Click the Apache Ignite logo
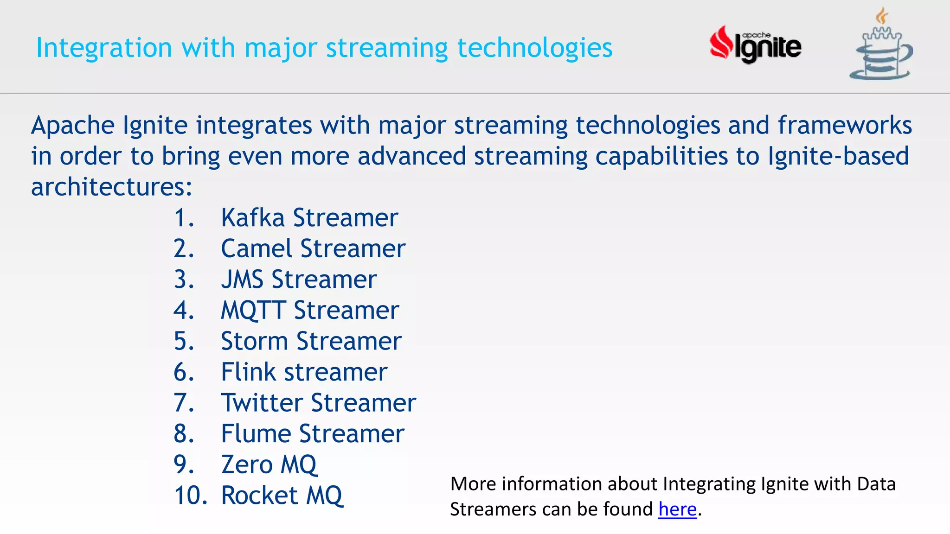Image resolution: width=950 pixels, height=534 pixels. pos(755,45)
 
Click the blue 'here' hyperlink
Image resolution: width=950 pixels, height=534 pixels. pos(677,509)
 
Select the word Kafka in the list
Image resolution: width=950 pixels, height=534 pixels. pos(252,218)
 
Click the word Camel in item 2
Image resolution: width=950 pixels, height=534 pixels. pos(256,249)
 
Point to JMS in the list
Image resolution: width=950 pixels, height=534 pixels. pos(242,280)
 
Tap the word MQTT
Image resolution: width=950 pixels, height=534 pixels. pos(253,311)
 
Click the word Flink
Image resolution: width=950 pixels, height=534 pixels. pos(248,372)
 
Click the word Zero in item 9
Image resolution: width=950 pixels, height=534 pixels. pos(247,465)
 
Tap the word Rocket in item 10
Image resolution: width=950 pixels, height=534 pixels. pos(259,496)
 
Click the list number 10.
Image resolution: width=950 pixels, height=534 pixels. pos(190,496)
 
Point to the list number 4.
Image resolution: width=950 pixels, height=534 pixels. pos(184,311)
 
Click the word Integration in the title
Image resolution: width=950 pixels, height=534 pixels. pos(104,48)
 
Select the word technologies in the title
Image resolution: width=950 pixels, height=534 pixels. pos(534,48)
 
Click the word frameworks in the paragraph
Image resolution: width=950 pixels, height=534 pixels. pos(845,126)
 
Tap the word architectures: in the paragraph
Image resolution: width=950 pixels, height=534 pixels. pos(111,187)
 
